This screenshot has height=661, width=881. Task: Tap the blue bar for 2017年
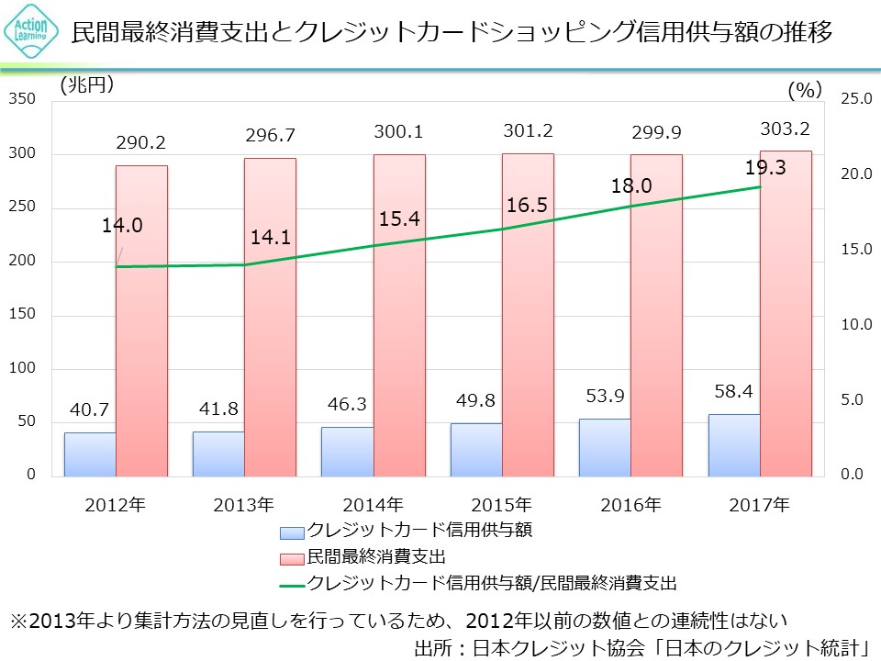click(x=734, y=445)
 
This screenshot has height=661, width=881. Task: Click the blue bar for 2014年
click(x=347, y=451)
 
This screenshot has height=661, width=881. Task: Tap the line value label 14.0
click(x=122, y=226)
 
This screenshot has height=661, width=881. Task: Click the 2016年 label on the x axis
click(x=630, y=504)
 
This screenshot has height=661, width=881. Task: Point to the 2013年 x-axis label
click(x=243, y=504)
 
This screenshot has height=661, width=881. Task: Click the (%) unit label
click(x=804, y=89)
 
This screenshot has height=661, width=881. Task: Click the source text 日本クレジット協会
click(x=541, y=645)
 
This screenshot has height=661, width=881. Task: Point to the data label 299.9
click(x=656, y=133)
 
